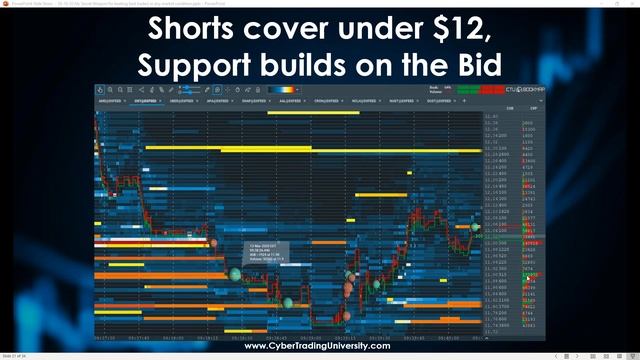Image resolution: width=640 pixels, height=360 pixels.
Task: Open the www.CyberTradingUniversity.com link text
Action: point(318,346)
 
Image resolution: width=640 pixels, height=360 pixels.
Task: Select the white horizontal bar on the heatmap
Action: point(150,242)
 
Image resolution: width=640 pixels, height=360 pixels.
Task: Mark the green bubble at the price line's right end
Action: point(474,227)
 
